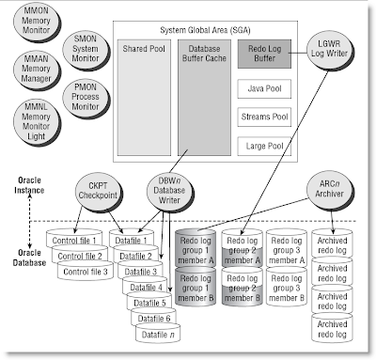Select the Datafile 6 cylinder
point(150,320)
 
